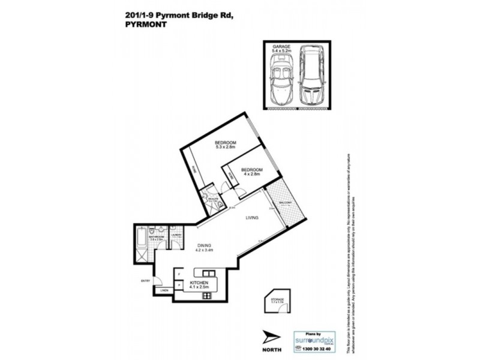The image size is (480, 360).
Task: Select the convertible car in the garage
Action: click(x=281, y=82)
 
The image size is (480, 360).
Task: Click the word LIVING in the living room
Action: click(x=251, y=218)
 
